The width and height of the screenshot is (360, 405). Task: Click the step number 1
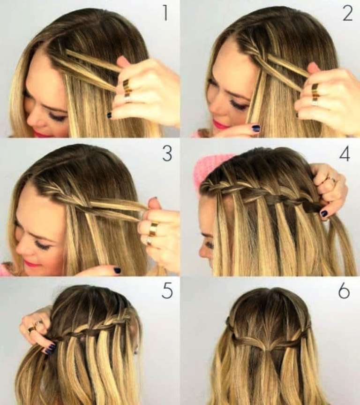click(x=165, y=13)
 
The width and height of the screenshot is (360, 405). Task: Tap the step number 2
click(x=347, y=13)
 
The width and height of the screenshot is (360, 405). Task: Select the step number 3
click(x=167, y=154)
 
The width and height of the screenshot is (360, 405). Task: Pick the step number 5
click(x=167, y=291)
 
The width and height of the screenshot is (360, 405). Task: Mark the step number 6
click(x=344, y=291)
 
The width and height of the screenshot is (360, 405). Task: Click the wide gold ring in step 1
click(x=127, y=86)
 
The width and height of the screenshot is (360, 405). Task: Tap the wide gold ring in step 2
click(x=315, y=92)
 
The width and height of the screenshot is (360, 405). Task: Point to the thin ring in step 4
click(x=333, y=180)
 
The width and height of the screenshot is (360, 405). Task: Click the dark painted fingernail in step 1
click(x=110, y=115)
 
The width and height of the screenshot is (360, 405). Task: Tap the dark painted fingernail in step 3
click(x=117, y=270)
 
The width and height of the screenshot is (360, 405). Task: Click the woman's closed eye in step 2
click(x=239, y=106)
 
